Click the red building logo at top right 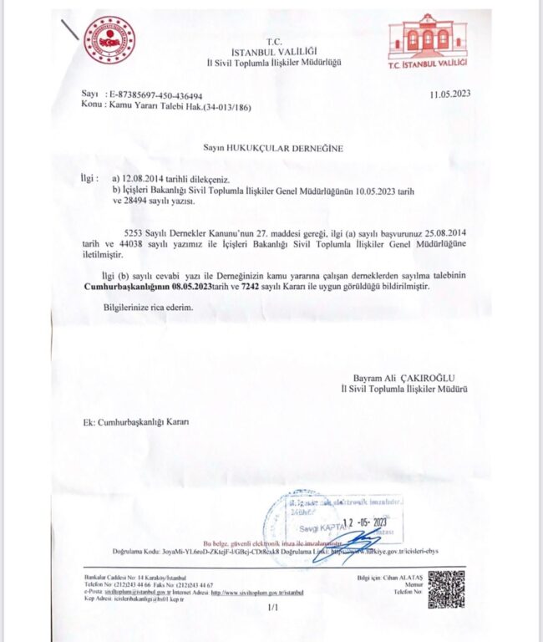tap(428, 43)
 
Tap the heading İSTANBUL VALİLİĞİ tap(268, 51)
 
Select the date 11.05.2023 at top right tap(449, 94)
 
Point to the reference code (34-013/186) tap(221, 107)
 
